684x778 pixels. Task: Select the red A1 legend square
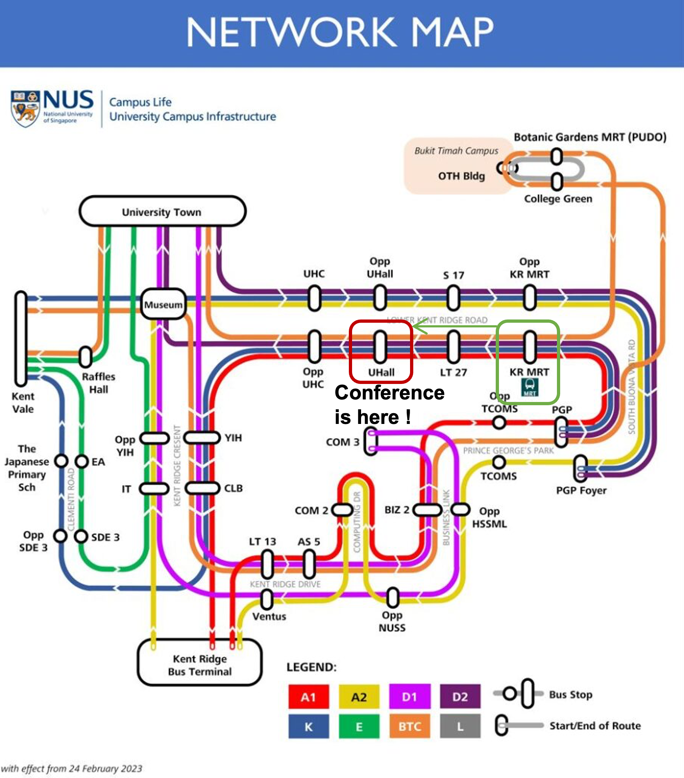tap(309, 697)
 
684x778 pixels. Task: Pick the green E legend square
tap(359, 726)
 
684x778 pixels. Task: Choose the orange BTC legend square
tap(409, 726)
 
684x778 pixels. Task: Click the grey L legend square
tap(460, 726)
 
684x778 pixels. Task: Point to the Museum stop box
tap(163, 304)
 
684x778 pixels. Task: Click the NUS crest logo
tap(25, 108)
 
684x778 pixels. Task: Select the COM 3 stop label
tap(342, 442)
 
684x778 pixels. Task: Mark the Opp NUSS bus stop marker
tap(393, 598)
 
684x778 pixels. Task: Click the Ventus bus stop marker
tap(267, 599)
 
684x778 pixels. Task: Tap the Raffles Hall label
tap(99, 383)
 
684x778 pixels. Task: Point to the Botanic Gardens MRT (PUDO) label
tap(590, 137)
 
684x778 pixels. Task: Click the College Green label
tap(558, 199)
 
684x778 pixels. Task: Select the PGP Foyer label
tap(581, 490)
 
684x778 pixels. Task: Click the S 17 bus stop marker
tap(453, 298)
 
